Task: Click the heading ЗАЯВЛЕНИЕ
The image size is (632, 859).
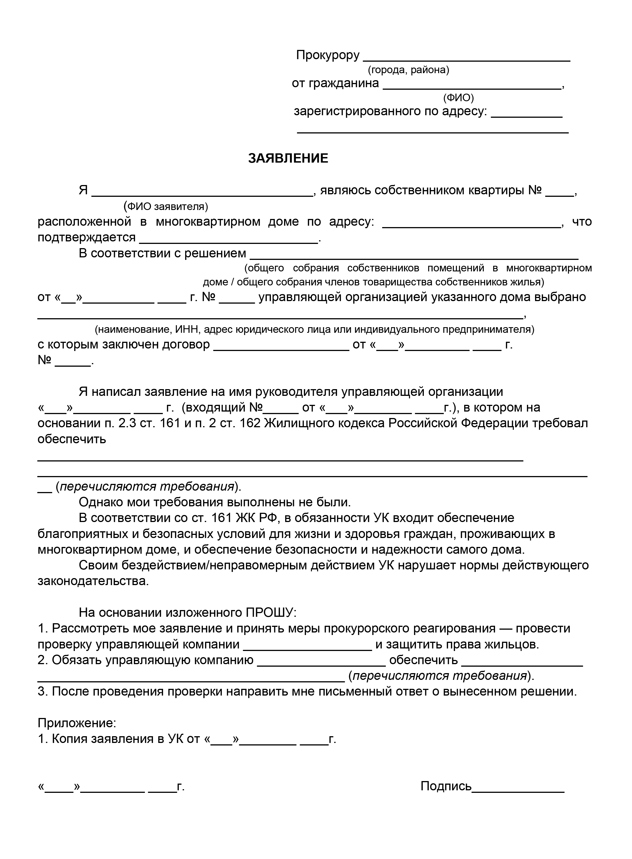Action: tap(288, 158)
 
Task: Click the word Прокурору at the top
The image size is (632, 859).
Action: tap(328, 55)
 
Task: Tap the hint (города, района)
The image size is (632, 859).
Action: tap(408, 70)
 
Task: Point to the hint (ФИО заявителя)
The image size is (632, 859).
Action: tap(166, 207)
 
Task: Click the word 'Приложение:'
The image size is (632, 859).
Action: tap(76, 723)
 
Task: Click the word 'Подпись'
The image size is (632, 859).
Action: tap(446, 786)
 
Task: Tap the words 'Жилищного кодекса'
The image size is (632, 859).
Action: tap(324, 423)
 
